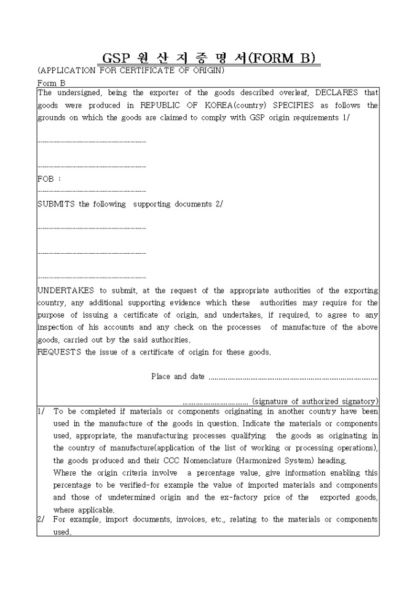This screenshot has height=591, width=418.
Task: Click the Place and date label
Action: pyautogui.click(x=178, y=377)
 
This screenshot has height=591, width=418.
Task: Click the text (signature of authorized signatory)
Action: pyautogui.click(x=315, y=401)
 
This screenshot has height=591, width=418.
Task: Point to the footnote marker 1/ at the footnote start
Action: pyautogui.click(x=42, y=412)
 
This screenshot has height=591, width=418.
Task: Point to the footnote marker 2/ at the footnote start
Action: pyautogui.click(x=42, y=520)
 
